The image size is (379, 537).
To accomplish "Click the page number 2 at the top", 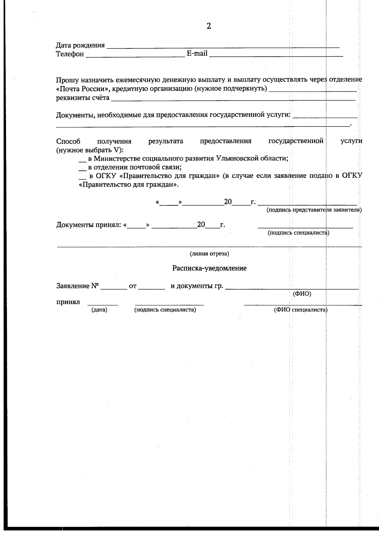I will coord(208,26).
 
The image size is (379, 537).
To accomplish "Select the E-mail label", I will coord(197,53).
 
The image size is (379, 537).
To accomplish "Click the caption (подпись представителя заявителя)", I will coord(314,210).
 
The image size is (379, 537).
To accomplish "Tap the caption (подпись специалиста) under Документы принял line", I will coord(298,233).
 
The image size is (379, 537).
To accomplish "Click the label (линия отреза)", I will coord(209,254).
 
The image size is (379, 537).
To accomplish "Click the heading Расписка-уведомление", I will coord(209,268).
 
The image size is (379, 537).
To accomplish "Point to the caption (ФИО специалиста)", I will coord(300,310).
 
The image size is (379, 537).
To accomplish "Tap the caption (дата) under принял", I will coord(99,310).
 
